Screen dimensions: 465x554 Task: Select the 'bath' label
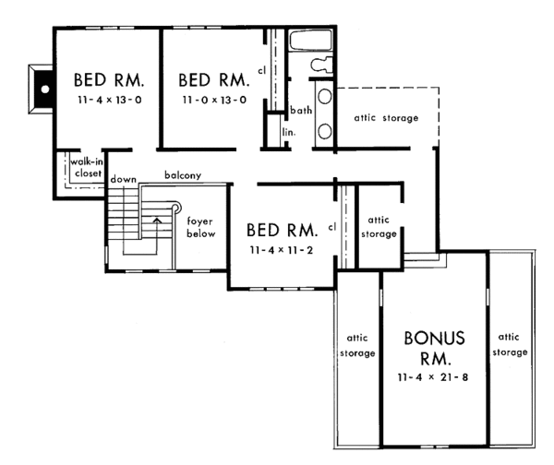pos(300,111)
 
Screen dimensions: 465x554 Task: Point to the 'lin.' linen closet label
pos(288,133)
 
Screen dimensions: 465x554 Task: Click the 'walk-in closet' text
pos(84,168)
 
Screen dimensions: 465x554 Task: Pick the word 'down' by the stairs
pos(122,179)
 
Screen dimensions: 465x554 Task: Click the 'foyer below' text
pos(200,228)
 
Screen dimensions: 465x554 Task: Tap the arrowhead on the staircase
pos(157,221)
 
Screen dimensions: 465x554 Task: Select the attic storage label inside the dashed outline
pos(386,119)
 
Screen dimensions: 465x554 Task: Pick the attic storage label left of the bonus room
pos(358,345)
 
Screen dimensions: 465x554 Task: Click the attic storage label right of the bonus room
pos(511,345)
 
